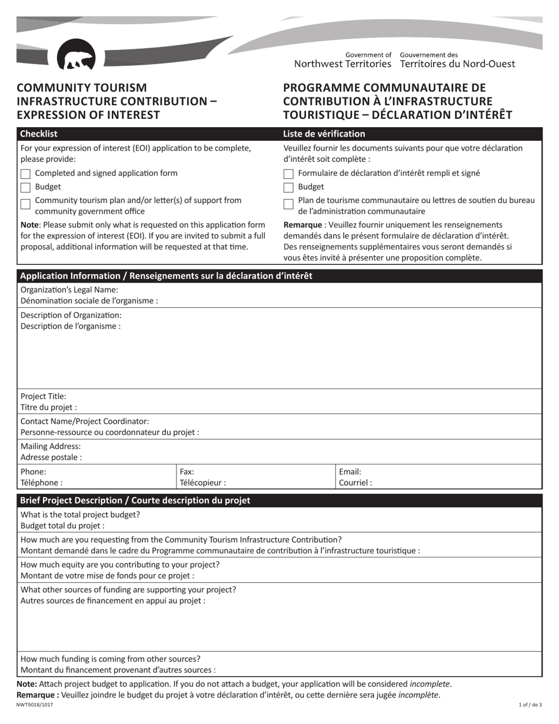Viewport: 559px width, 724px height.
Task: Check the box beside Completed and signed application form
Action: [25, 174]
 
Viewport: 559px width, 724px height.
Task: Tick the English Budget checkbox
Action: [25, 187]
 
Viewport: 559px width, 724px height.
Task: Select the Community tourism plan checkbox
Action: [25, 204]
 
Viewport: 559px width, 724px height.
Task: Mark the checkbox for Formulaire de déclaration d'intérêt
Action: [288, 174]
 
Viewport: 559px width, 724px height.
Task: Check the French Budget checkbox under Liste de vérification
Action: [288, 187]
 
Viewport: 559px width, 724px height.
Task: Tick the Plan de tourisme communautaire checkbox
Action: [288, 204]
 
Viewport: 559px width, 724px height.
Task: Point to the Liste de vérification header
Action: [324, 134]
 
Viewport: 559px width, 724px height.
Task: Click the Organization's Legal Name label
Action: [69, 290]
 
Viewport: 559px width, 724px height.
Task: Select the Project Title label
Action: [44, 396]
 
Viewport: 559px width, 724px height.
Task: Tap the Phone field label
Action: [33, 471]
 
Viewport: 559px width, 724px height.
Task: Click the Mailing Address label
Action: [51, 446]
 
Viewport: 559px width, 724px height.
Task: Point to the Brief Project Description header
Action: [135, 500]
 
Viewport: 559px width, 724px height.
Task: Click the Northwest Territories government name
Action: [342, 64]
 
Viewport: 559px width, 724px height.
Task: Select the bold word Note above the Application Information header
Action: [30, 224]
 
